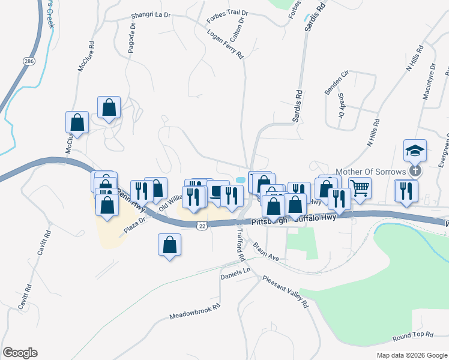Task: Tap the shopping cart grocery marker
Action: click(360, 188)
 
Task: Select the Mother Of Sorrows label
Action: click(370, 172)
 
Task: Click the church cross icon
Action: click(414, 171)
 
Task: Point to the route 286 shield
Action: click(29, 61)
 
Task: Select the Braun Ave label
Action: click(266, 251)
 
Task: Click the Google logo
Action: click(20, 353)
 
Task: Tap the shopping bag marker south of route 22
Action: click(169, 244)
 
